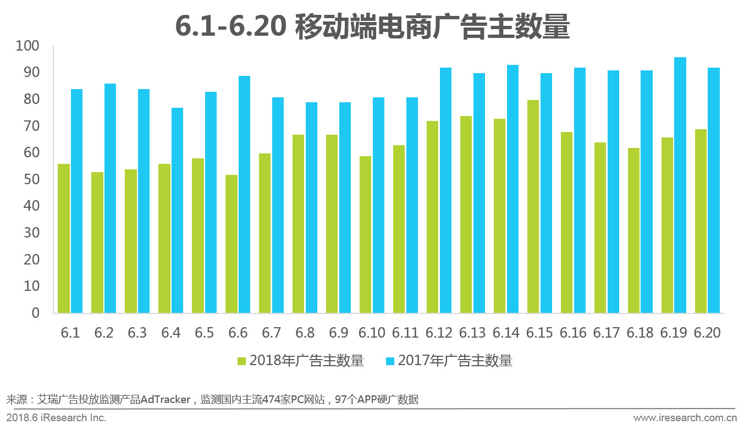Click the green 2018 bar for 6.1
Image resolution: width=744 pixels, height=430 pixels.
[64, 238]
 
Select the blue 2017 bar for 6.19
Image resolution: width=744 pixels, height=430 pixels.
[680, 185]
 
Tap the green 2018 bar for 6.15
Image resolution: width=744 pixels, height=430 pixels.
[533, 206]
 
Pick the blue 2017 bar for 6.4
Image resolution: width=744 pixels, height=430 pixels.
[177, 210]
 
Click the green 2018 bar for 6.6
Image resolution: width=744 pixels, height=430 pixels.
[232, 244]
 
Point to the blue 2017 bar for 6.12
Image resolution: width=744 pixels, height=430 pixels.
[445, 190]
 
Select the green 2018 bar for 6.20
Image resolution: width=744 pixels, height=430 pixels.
[701, 221]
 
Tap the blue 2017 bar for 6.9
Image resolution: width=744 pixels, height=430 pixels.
[345, 207]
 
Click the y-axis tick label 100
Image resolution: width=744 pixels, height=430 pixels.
[28, 46]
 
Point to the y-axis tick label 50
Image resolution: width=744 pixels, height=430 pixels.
[32, 180]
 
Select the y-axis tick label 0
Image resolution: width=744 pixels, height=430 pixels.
[36, 313]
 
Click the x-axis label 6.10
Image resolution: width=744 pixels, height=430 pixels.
[372, 333]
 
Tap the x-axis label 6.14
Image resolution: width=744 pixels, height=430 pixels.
[506, 333]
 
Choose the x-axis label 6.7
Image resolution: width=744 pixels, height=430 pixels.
[272, 333]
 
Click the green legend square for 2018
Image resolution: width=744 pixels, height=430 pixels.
[242, 361]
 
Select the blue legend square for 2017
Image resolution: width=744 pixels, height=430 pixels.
[390, 361]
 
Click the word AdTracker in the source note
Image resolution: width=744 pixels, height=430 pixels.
[165, 399]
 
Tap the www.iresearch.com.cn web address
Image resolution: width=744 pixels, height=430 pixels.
[684, 418]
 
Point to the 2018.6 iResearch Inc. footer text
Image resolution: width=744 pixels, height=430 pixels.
[56, 418]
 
